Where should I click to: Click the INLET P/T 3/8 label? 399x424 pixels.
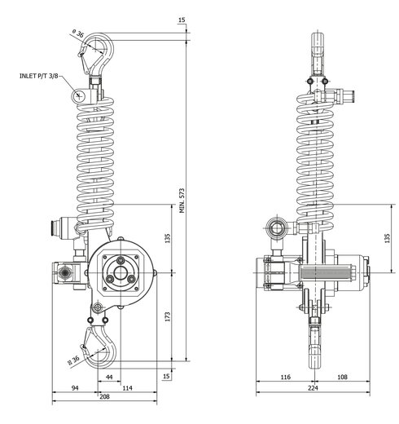click(39, 76)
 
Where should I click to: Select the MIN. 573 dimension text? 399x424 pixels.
click(182, 201)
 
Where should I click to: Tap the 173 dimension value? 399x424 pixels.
click(168, 316)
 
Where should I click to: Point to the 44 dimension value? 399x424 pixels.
click(109, 377)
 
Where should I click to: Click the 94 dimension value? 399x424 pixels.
click(75, 388)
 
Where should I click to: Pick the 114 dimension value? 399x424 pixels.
click(127, 388)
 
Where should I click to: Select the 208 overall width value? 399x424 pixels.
click(104, 396)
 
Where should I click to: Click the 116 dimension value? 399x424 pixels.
click(285, 377)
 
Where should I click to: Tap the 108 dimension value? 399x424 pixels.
click(342, 377)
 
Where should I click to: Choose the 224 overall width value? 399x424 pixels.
click(313, 388)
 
